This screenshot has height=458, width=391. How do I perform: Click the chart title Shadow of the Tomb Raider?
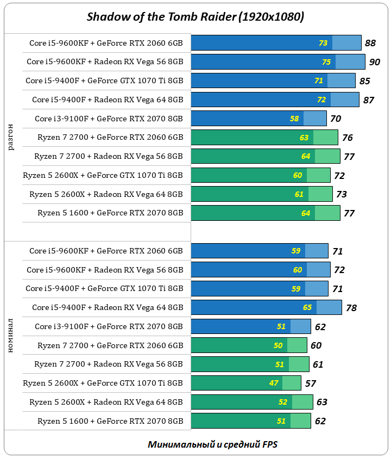195,17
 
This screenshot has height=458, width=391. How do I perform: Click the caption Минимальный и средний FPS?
213,444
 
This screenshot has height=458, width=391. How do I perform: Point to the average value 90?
375,62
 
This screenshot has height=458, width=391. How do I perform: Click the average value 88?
370,43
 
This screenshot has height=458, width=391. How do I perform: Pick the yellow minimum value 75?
326,62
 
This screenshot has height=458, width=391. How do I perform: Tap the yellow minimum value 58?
294,119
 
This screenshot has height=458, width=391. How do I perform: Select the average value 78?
351,308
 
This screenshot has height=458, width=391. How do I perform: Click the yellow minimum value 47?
274,383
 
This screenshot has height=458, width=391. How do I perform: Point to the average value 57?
311,383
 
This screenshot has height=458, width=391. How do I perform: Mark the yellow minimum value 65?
307,307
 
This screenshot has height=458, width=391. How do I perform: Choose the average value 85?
365,81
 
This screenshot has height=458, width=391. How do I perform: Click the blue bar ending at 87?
275,100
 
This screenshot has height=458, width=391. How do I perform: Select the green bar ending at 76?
264,138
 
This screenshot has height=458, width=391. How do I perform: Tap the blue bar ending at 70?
258,119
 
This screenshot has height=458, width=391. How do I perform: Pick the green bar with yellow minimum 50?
249,345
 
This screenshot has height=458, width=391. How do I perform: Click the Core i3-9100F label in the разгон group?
109,119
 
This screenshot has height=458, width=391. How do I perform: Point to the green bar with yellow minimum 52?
252,402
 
